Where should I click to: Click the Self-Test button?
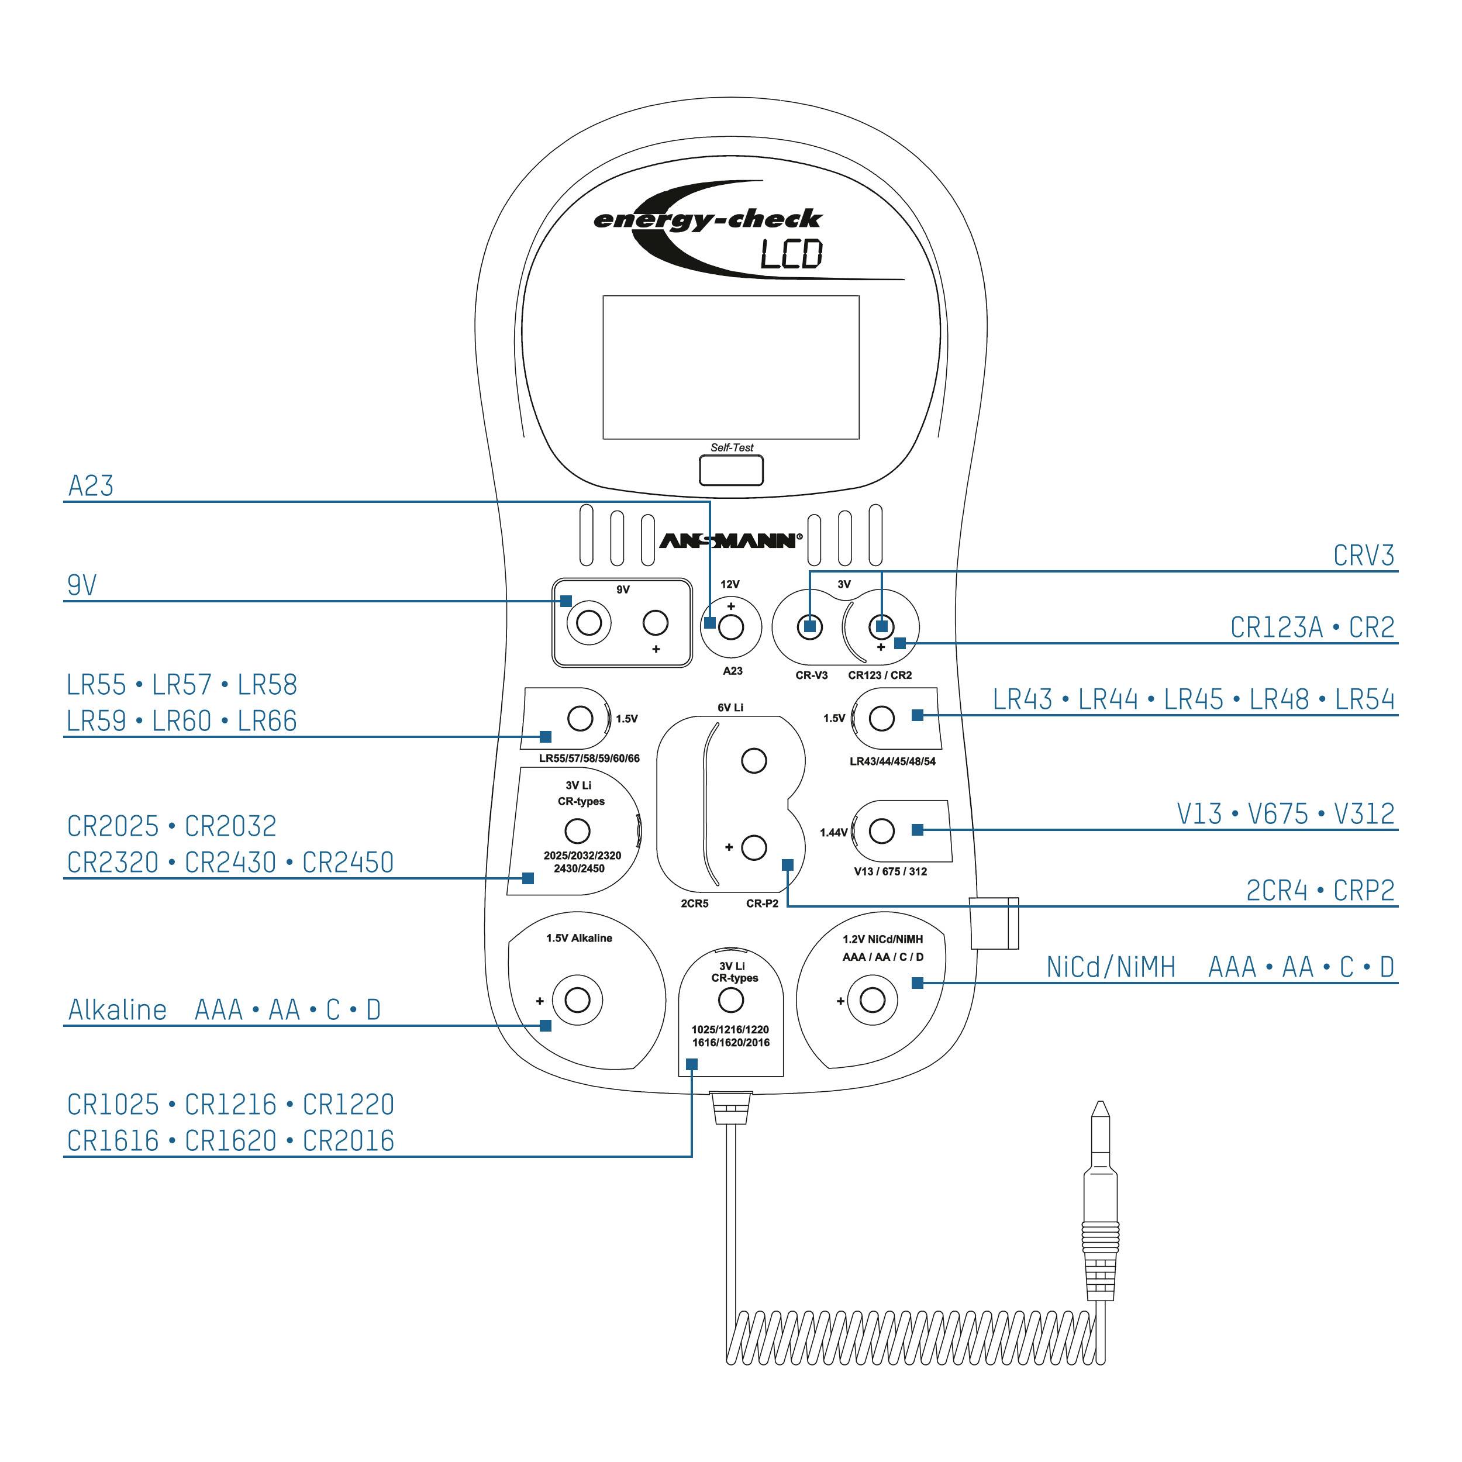(x=730, y=471)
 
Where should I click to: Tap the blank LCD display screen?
(x=730, y=367)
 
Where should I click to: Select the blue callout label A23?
(x=91, y=486)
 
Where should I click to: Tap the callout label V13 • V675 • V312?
(x=1285, y=814)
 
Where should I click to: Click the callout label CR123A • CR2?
(x=1311, y=628)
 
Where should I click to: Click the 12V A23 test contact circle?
(x=731, y=626)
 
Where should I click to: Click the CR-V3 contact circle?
(x=811, y=626)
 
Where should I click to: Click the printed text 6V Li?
(x=730, y=708)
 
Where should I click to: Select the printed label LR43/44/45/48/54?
(x=892, y=761)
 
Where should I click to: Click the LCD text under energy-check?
(x=791, y=255)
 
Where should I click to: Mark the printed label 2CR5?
(x=694, y=904)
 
